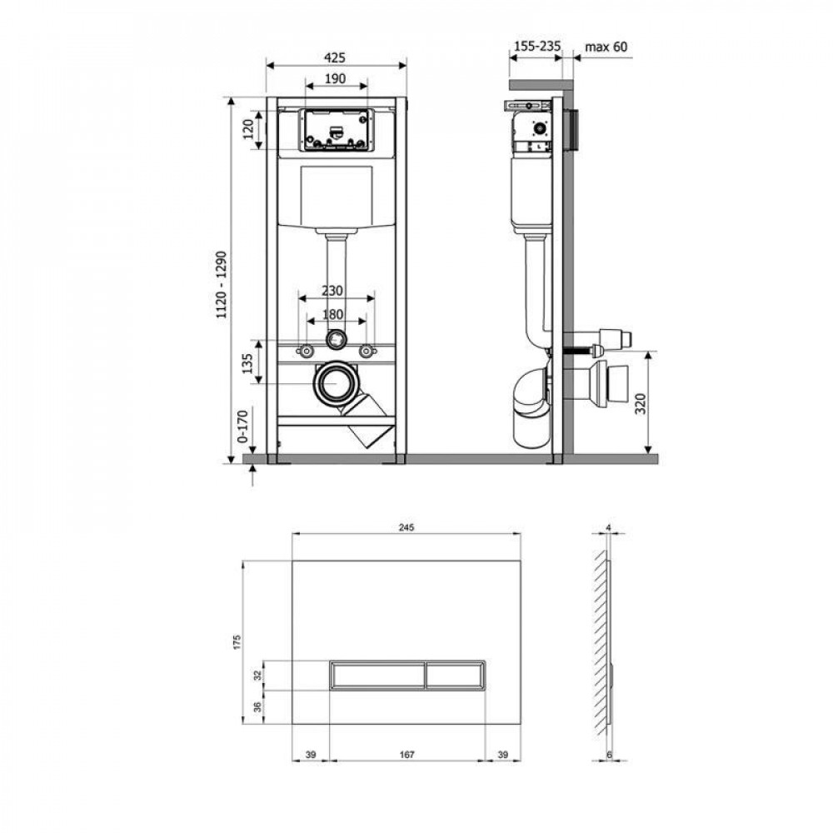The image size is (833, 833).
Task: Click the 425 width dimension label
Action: click(335, 57)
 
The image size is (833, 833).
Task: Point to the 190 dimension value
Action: click(335, 78)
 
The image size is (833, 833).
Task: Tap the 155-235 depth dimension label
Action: click(536, 46)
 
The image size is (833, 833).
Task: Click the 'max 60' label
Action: click(606, 47)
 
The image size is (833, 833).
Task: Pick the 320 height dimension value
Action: click(641, 404)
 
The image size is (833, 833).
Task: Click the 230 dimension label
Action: click(332, 291)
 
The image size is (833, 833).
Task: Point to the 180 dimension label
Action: click(332, 314)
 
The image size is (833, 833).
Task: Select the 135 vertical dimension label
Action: click(247, 363)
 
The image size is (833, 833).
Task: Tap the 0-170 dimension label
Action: click(242, 426)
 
